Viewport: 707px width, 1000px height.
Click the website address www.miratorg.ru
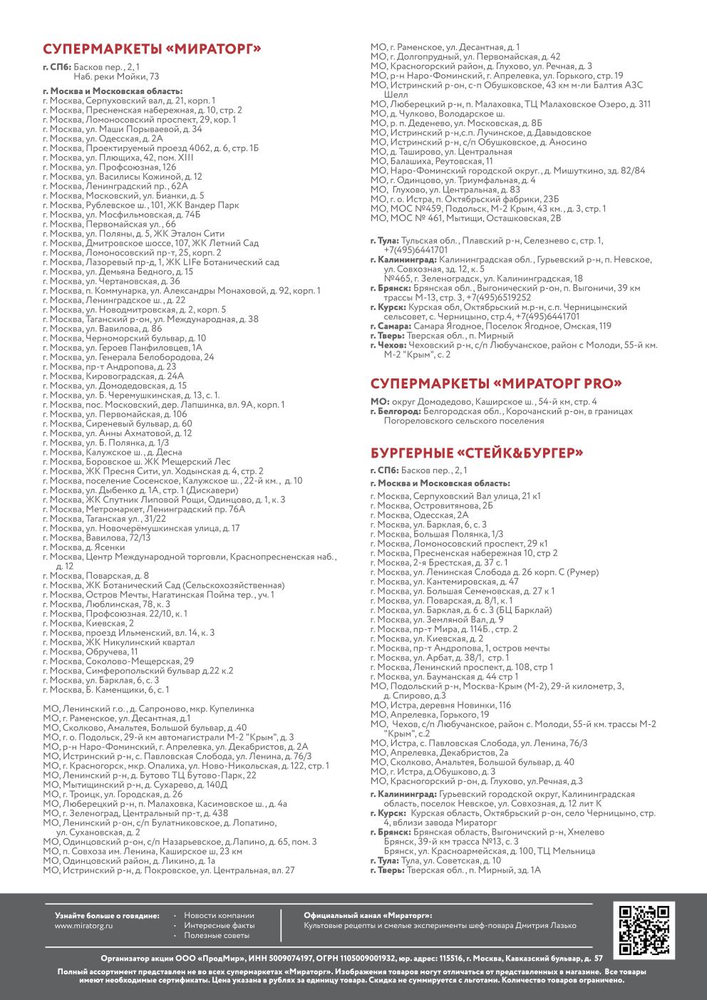pyautogui.click(x=83, y=925)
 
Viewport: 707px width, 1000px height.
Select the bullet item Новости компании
pyautogui.click(x=218, y=915)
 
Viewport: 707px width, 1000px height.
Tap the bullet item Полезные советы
pyautogui.click(x=217, y=934)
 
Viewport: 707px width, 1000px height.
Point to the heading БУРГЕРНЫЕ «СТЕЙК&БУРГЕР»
pyautogui.click(x=477, y=453)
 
